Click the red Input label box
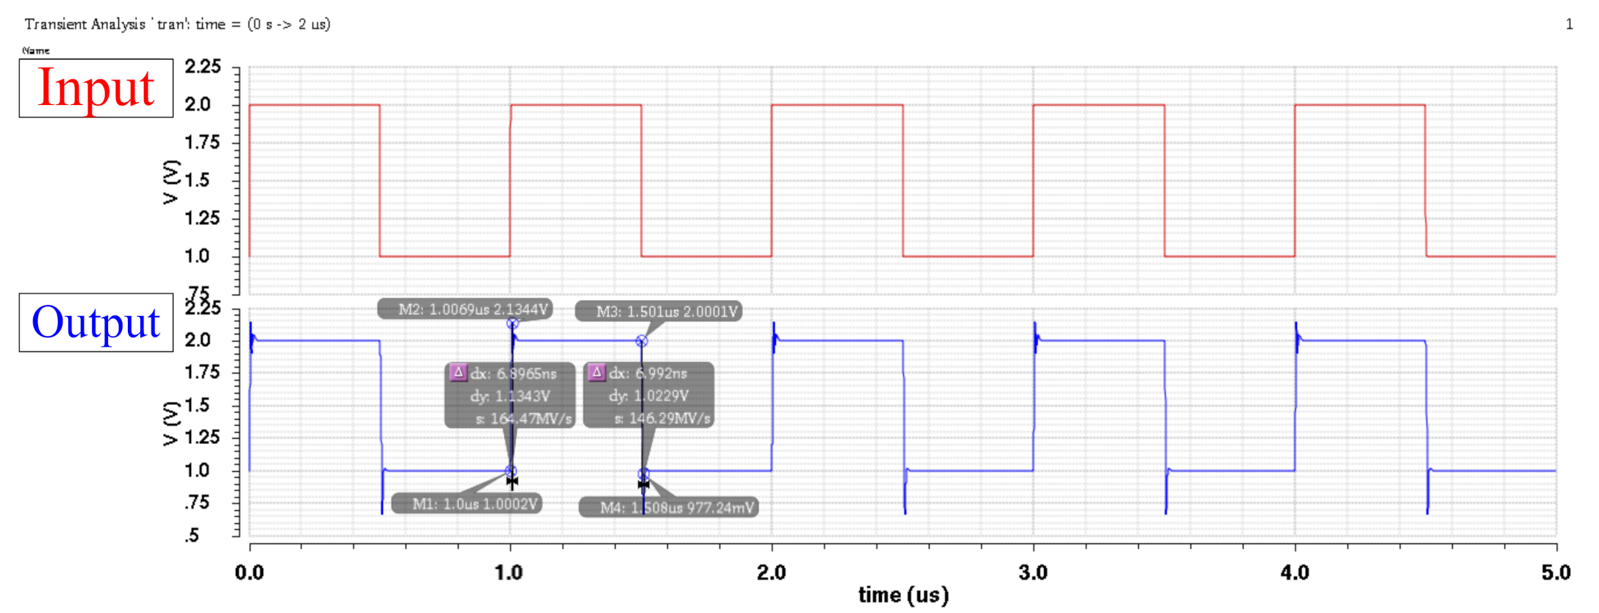coord(96,88)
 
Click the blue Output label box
coord(96,323)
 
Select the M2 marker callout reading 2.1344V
coord(465,309)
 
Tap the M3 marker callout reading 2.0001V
coord(658,312)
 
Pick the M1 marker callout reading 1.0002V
coord(467,504)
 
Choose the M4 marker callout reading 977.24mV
coord(669,508)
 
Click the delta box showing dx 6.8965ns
coord(510,395)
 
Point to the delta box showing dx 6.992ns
coord(648,395)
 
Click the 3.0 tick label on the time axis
coord(1033,573)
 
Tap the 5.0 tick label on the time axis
coord(1556,573)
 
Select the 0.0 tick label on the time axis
coord(250,573)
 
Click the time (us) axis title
coord(903,595)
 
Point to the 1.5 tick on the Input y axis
coord(201,180)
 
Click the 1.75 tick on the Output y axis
coord(201,372)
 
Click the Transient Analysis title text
coord(177,24)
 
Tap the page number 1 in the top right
coord(1569,24)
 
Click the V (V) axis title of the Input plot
coord(170,181)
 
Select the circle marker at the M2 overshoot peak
coord(512,323)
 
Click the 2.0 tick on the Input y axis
coord(198,104)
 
